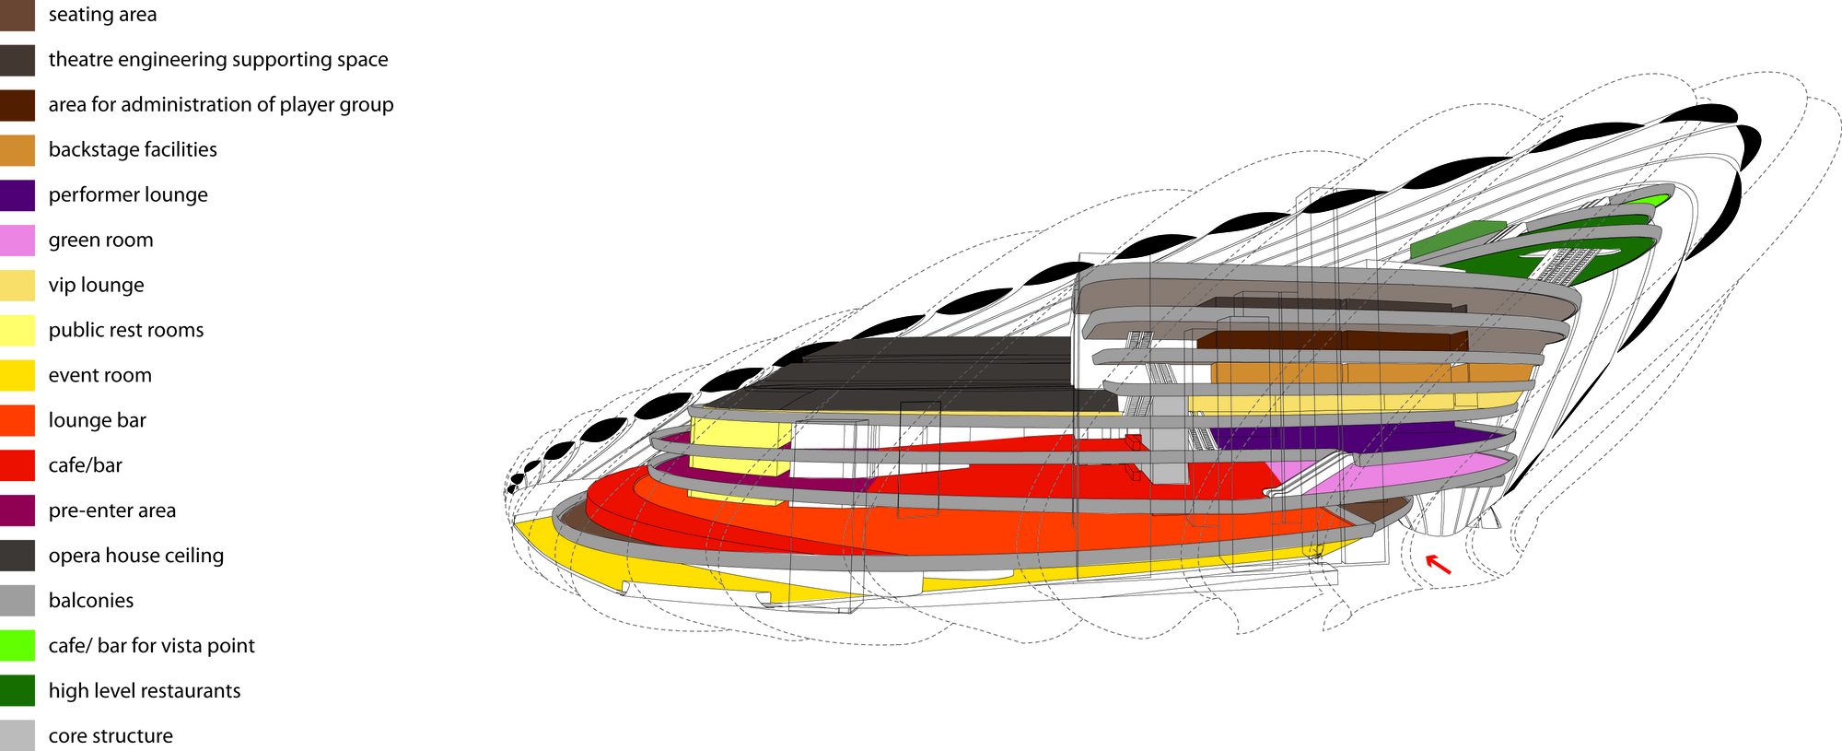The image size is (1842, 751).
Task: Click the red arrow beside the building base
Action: click(x=1438, y=564)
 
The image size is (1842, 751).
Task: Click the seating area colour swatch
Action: click(x=17, y=15)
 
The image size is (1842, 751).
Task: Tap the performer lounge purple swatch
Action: click(x=17, y=194)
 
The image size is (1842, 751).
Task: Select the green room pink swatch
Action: click(x=17, y=240)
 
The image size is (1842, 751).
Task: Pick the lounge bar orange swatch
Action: click(x=17, y=420)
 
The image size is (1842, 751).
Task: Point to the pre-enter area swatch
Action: click(x=17, y=510)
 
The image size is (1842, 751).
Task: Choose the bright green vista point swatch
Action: click(x=17, y=646)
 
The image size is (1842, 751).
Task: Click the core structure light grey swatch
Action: click(x=17, y=735)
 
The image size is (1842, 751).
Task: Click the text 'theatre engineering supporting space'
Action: click(x=218, y=60)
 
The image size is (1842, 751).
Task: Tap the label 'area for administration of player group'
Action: click(x=221, y=105)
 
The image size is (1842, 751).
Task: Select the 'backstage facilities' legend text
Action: click(x=133, y=150)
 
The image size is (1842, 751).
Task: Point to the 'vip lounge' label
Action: click(x=97, y=286)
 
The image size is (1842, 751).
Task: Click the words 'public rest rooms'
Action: click(x=126, y=330)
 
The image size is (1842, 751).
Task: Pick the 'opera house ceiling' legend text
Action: click(x=136, y=556)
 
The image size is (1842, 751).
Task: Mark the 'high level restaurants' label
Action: click(x=145, y=691)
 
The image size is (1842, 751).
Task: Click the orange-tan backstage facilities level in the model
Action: click(x=1335, y=373)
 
